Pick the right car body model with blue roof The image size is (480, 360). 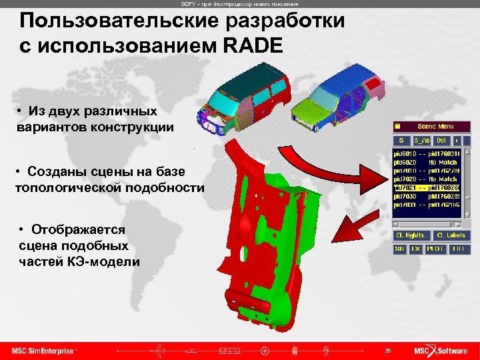(x=347, y=97)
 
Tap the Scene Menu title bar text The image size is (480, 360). (x=435, y=126)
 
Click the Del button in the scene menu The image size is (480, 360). (x=441, y=141)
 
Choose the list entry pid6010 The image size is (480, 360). (x=405, y=153)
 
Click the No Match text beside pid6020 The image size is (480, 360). (x=443, y=162)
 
